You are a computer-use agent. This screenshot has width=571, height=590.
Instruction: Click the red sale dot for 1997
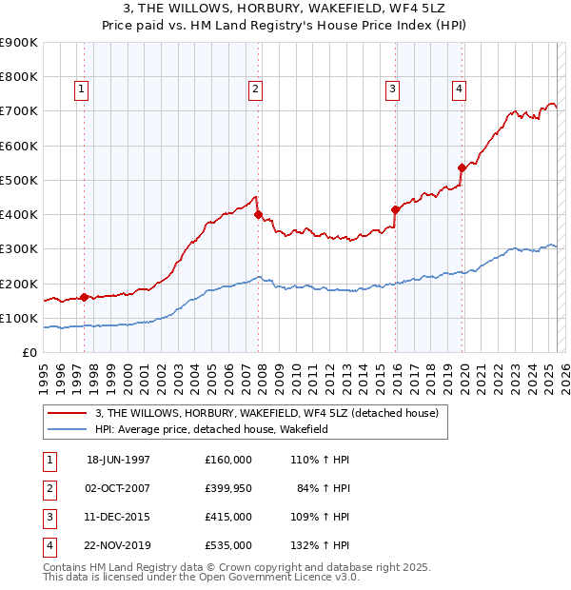pos(85,297)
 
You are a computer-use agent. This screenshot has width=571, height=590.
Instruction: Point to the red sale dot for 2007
pos(258,215)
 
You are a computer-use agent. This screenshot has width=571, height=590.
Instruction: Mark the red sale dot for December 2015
pos(395,209)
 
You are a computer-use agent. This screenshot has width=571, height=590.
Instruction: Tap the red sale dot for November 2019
pos(462,168)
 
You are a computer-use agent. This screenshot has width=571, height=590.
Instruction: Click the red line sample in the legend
pos(69,413)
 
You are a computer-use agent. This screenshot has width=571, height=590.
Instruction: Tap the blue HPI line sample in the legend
pos(69,430)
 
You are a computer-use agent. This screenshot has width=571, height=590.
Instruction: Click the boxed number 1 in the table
pos(49,460)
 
